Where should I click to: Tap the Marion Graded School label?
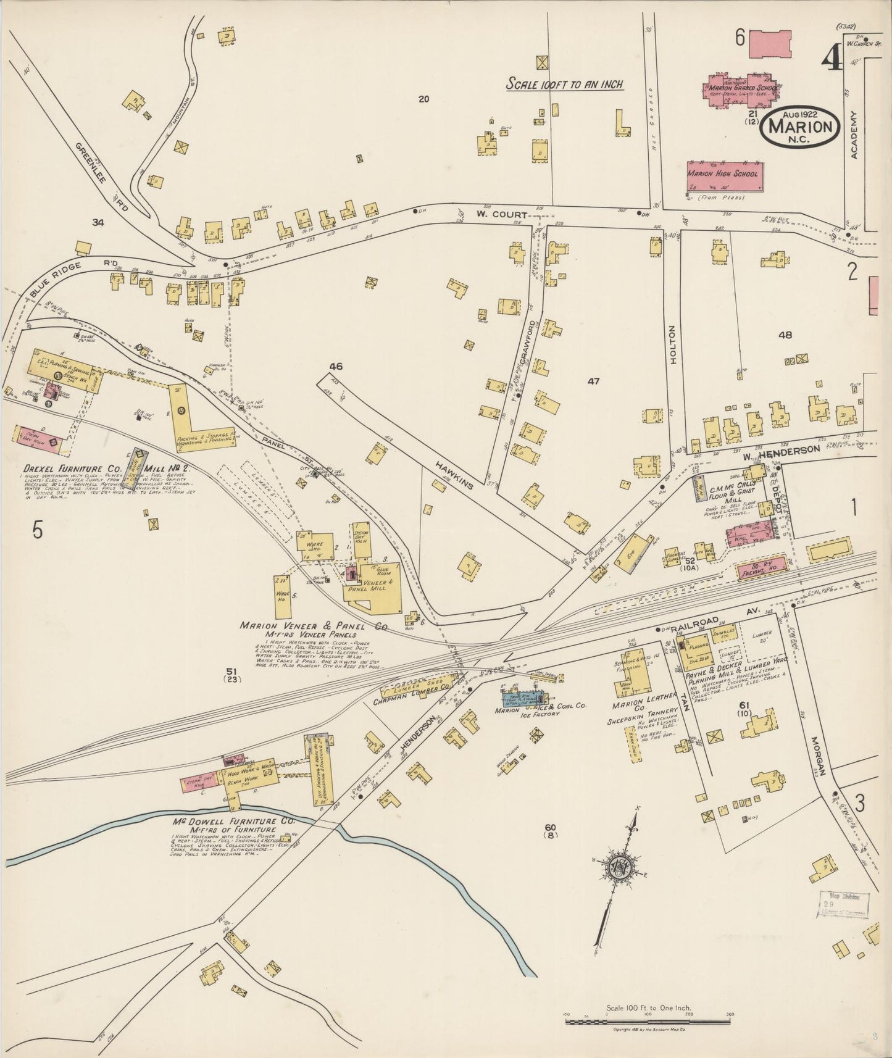coord(741,88)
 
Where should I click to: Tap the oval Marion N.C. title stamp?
coord(802,127)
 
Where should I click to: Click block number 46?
coord(336,367)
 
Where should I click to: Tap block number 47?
coord(593,381)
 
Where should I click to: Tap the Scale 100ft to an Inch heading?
coord(564,85)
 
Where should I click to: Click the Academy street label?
coord(854,136)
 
